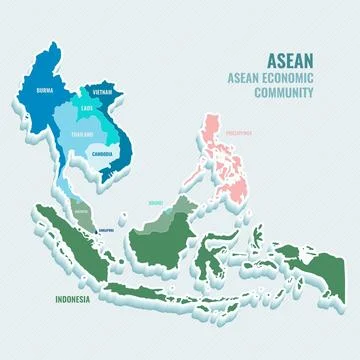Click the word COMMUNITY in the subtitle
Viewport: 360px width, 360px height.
click(x=284, y=93)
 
